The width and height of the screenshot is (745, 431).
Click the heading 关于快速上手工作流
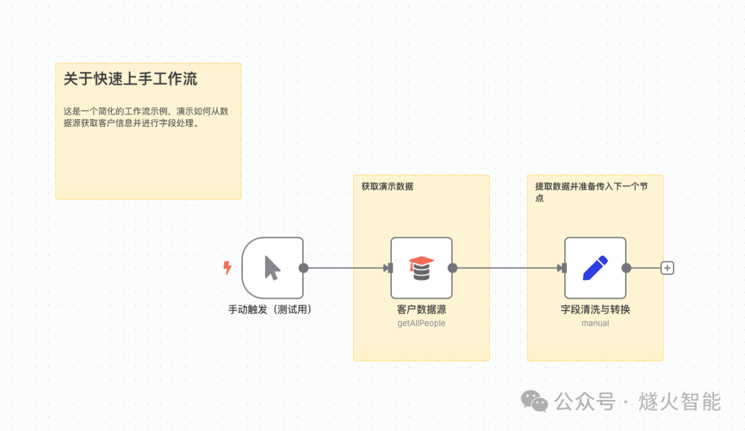[x=130, y=79]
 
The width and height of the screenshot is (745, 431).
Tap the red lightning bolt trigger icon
[x=228, y=268]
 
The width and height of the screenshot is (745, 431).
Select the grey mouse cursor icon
[x=272, y=268]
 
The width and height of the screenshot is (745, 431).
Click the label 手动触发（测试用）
[x=270, y=310]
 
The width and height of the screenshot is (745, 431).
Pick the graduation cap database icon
[x=421, y=268]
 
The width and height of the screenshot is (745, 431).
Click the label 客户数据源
[x=421, y=310]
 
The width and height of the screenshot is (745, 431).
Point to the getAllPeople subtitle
[x=421, y=323]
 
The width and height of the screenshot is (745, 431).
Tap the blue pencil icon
[x=595, y=268]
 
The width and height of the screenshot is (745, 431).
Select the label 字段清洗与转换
[x=595, y=310]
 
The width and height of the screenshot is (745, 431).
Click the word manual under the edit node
[x=595, y=323]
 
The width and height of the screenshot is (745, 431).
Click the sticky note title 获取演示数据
[x=387, y=186]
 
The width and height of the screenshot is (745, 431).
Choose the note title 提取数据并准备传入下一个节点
[x=592, y=192]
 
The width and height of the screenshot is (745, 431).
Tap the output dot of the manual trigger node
[x=304, y=268]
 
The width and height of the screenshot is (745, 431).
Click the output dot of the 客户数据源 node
[x=453, y=268]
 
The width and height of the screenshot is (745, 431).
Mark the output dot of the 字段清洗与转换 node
[x=626, y=268]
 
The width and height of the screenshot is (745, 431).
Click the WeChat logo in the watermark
[x=534, y=401]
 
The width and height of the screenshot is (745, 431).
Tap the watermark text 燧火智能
[x=679, y=401]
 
